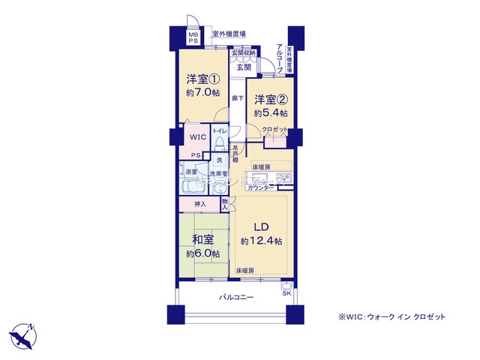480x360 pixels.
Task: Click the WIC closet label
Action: coord(197,137)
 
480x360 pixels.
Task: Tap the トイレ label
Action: coord(219,132)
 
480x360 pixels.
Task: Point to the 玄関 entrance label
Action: coord(244,67)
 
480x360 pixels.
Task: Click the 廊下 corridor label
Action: coord(236,98)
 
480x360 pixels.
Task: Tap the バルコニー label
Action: coord(236,298)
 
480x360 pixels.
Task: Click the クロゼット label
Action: coord(274,129)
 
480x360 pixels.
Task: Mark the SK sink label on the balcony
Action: coord(286,293)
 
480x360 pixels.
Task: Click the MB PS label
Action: coord(193,37)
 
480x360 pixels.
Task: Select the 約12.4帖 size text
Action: coord(261,241)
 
